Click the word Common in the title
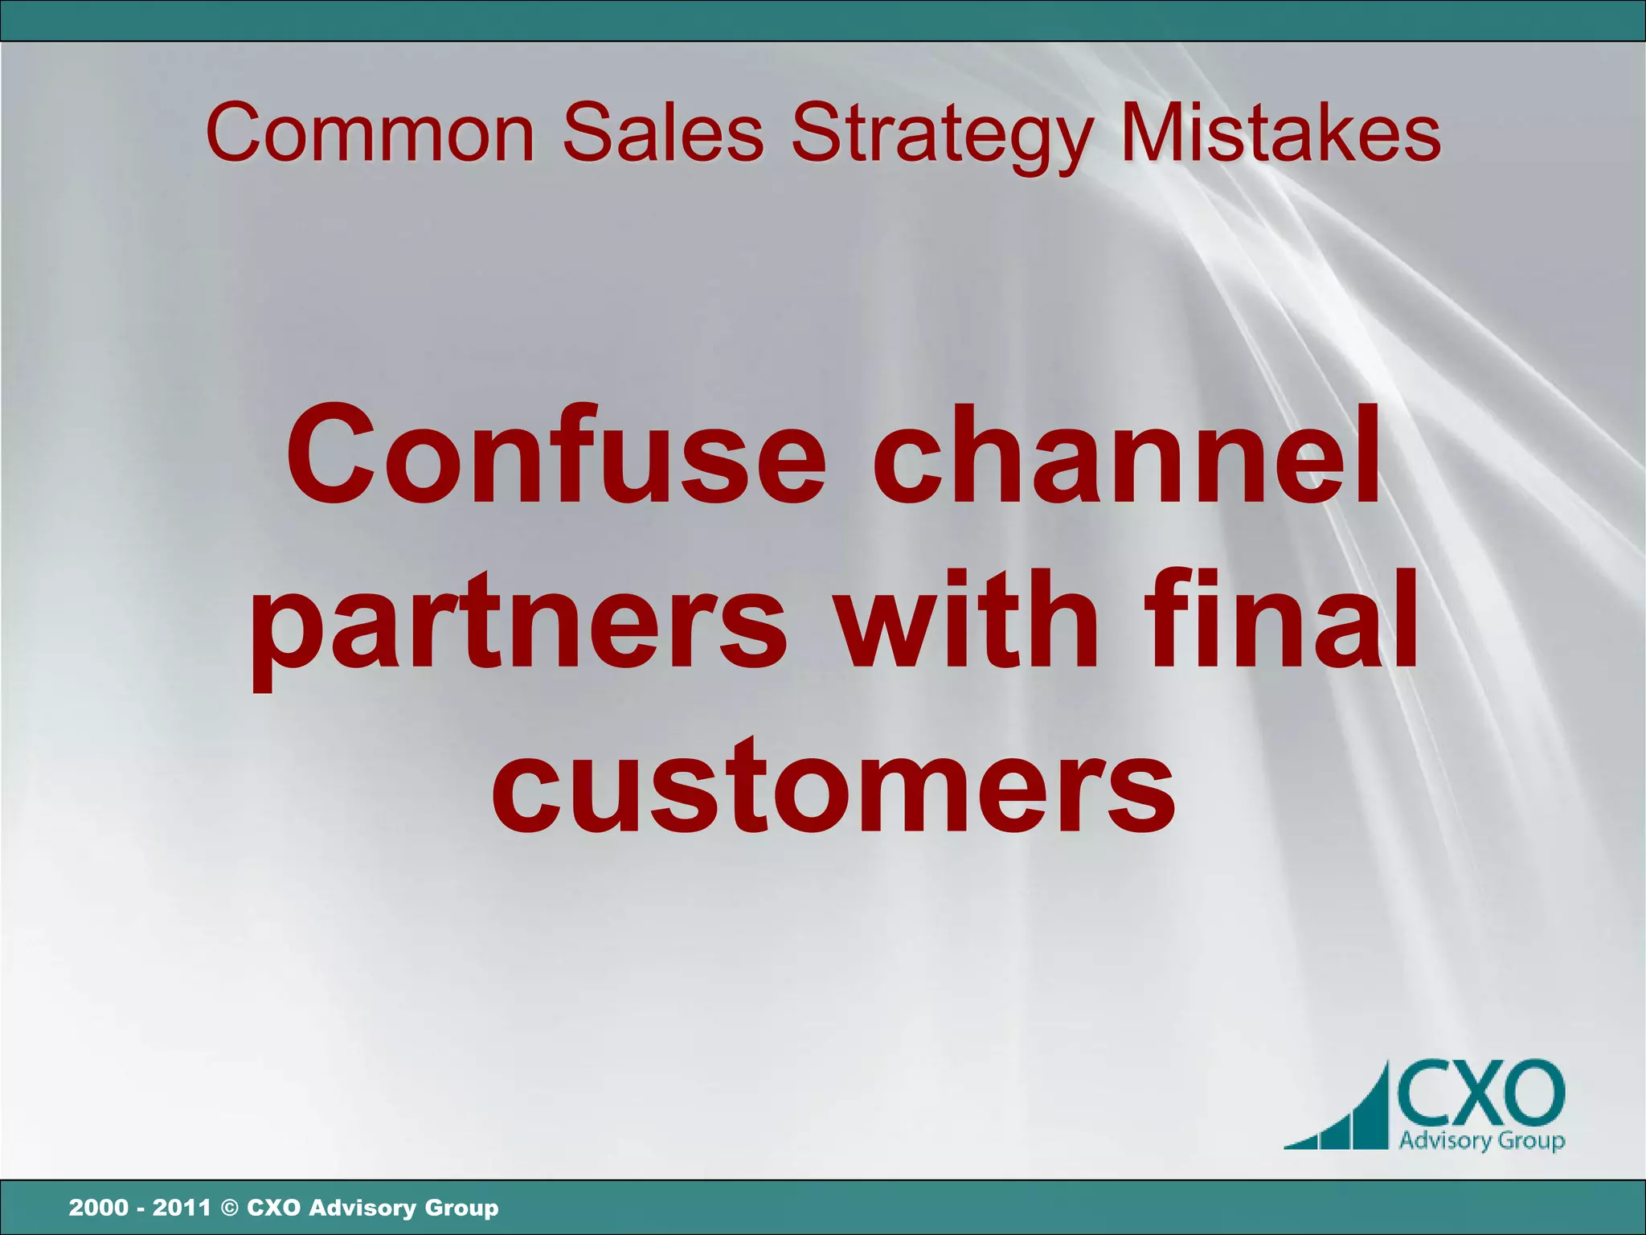(x=370, y=133)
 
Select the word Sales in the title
(x=663, y=133)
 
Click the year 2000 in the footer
(x=98, y=1208)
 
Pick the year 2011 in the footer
(x=182, y=1208)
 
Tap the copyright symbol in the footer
(x=229, y=1208)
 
